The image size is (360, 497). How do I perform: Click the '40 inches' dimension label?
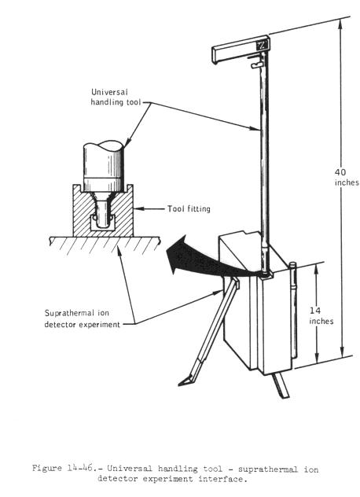[347, 178]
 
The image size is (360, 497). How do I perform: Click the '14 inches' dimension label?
[321, 315]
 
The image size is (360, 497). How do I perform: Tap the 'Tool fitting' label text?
[189, 209]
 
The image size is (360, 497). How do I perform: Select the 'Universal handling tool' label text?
[116, 97]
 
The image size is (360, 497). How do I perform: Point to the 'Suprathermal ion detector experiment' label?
[83, 318]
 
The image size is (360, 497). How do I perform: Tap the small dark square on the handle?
[263, 45]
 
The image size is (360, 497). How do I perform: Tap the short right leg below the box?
[281, 385]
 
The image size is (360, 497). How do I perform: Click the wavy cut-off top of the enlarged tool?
[104, 146]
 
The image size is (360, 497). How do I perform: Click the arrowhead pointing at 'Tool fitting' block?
[138, 209]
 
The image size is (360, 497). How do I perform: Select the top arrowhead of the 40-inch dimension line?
[341, 24]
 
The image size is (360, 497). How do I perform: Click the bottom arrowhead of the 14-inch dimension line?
[316, 357]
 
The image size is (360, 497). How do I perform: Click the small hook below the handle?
[256, 65]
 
